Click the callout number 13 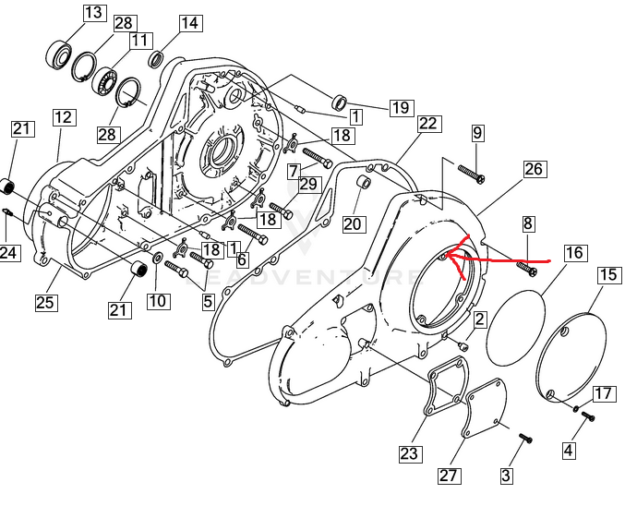coord(94,13)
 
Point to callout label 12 coord(63,117)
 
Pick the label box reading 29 coord(308,184)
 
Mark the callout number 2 coord(480,319)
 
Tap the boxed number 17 coord(603,394)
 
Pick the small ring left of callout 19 coord(339,101)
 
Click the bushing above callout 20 coord(364,183)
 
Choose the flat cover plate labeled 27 coord(483,416)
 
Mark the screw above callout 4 coord(586,416)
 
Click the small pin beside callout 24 coord(7,214)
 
